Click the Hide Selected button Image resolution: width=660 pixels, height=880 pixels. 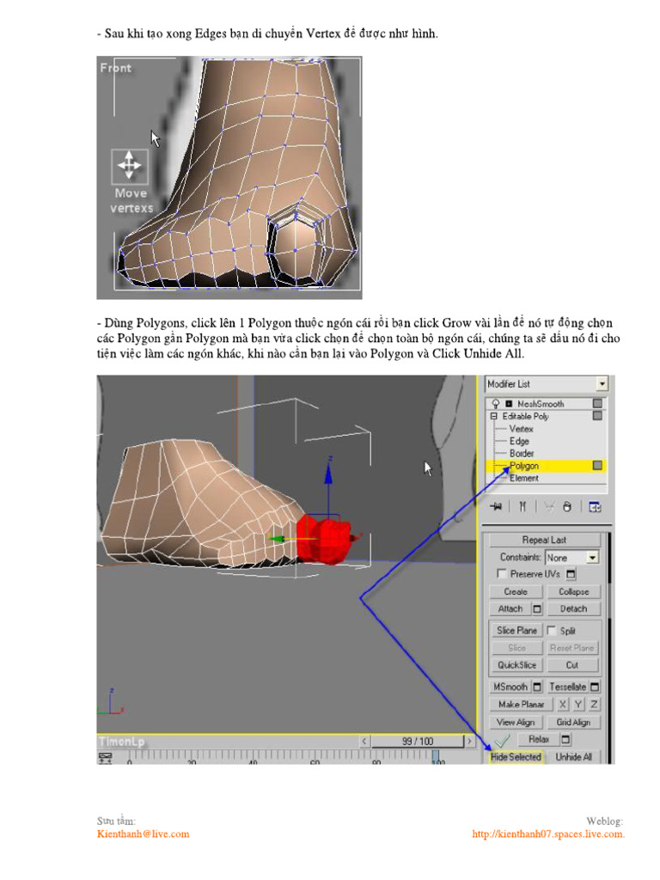click(516, 757)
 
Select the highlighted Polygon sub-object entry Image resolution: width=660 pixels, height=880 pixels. click(525, 466)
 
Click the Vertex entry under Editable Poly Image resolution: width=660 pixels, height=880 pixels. click(522, 428)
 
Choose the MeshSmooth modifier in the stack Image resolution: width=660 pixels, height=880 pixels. click(541, 403)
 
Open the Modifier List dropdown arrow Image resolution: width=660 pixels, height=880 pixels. click(602, 384)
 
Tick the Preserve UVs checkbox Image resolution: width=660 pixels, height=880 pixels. click(503, 574)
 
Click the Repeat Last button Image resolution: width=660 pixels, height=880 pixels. click(544, 540)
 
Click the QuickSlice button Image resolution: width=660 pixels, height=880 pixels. click(516, 665)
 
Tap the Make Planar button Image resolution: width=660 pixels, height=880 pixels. click(521, 705)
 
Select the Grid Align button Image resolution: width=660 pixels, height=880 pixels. click(573, 723)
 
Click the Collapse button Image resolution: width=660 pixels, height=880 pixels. click(573, 592)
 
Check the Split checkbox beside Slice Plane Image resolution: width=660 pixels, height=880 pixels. click(552, 631)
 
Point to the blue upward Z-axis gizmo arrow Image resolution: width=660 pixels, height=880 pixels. click(328, 468)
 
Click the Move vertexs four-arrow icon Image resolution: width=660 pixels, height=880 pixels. click(129, 164)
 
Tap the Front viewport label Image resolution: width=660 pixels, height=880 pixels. click(116, 68)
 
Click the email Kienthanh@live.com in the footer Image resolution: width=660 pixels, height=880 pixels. click(143, 834)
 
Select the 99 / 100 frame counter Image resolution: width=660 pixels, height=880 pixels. click(418, 741)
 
